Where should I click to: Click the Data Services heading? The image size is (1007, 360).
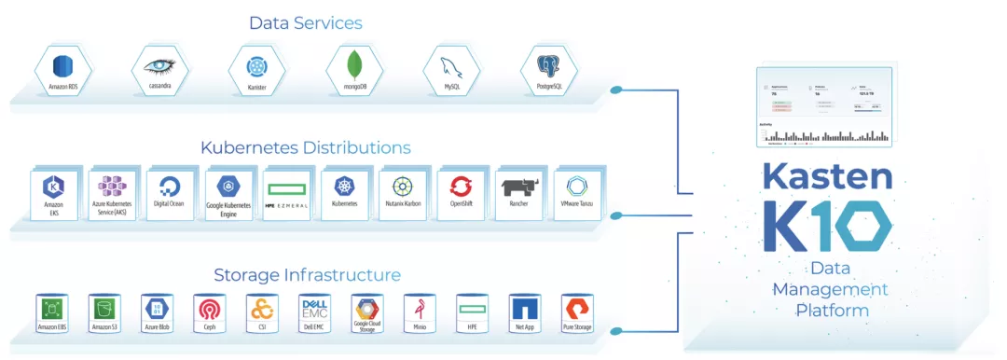[x=305, y=22]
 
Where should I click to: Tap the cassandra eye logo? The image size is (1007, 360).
[x=159, y=67]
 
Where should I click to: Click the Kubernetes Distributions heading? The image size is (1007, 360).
[x=305, y=147]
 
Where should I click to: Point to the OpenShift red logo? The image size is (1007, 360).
[x=462, y=190]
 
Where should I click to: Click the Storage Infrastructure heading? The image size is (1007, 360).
[x=307, y=275]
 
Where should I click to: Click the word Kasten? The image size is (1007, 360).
[x=827, y=177]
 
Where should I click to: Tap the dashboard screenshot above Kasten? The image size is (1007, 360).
[x=824, y=107]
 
